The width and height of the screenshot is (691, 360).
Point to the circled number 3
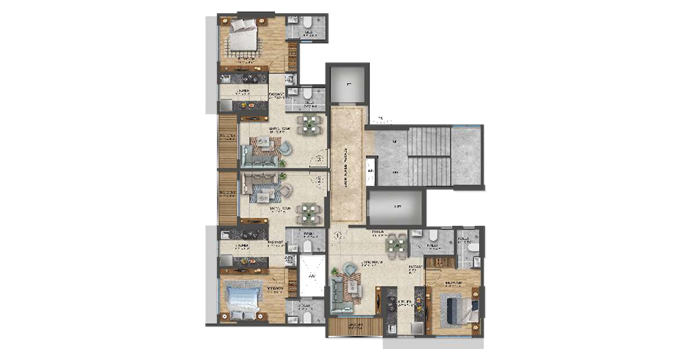pyautogui.click(x=319, y=158)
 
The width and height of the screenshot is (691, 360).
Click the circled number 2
pyautogui.click(x=319, y=179)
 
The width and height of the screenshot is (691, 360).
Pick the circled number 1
pyautogui.click(x=337, y=237)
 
